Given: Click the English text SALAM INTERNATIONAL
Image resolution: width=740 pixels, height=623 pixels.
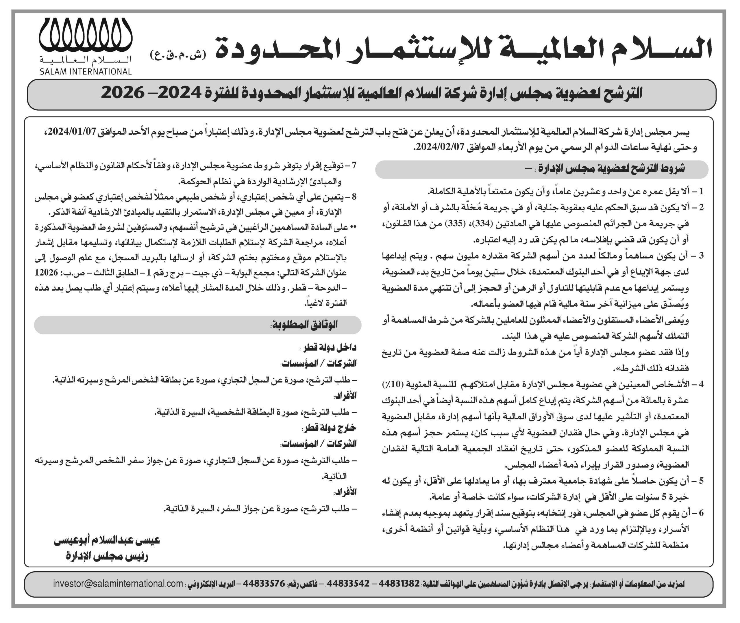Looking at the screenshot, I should coord(86,72).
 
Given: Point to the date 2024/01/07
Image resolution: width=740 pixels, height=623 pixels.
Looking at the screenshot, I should coord(73,133).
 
